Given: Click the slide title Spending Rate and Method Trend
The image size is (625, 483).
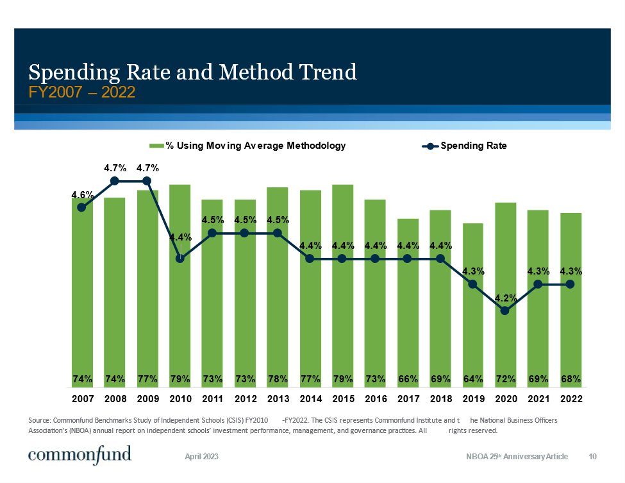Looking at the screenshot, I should [x=193, y=72].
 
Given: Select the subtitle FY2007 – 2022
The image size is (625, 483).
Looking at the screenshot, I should [x=82, y=92].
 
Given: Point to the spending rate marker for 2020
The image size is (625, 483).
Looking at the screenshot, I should [x=505, y=310].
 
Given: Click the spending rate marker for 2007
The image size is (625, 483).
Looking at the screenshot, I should [x=81, y=207].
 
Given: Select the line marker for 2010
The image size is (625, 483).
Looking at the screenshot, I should [x=179, y=258].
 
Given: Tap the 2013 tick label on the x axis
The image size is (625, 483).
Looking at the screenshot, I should [x=277, y=398].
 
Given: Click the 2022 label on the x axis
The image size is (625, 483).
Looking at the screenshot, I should [x=571, y=398].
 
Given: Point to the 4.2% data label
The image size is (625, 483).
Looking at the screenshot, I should [x=505, y=297].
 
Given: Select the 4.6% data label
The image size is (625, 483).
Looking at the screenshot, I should [x=82, y=194].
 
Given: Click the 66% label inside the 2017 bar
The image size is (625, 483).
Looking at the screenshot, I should [x=408, y=379].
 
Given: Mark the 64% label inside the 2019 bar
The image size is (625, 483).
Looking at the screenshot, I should [x=473, y=379].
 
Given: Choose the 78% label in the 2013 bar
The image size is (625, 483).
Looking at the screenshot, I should [x=277, y=379].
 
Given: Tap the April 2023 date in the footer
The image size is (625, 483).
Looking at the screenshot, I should [x=202, y=457].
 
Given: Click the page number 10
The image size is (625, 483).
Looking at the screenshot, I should [x=593, y=457].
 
